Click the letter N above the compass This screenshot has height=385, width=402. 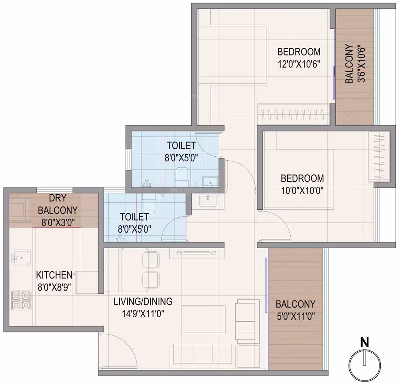click(364, 343)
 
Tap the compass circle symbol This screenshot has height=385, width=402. click(365, 365)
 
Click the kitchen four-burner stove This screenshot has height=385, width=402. click(21, 300)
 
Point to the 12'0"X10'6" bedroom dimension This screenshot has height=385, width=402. click(299, 64)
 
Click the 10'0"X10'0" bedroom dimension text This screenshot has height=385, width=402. click(302, 191)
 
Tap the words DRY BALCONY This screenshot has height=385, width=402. click(58, 204)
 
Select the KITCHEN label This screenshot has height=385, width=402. click(54, 275)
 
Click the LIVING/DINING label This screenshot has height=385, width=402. click(143, 301)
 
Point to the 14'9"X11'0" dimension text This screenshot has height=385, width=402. click(143, 314)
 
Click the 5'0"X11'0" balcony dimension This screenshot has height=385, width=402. click(296, 316)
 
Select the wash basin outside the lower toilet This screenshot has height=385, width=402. click(208, 200)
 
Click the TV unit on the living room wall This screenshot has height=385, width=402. click(197, 253)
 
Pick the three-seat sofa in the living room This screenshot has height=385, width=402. click(202, 354)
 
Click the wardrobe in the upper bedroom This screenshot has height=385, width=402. click(294, 114)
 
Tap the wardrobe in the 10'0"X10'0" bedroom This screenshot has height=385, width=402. click(379, 157)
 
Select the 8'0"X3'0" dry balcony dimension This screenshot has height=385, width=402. click(58, 223)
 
